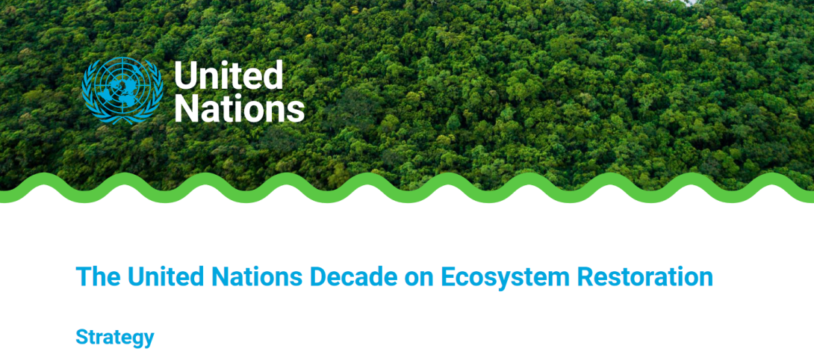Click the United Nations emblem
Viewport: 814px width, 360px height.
122,90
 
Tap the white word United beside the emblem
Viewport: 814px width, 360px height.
229,75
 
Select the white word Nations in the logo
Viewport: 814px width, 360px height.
239,108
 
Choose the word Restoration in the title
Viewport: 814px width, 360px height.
644,276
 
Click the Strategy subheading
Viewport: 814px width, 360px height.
115,338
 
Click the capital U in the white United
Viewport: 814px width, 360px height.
185,76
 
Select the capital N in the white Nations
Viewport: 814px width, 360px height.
187,109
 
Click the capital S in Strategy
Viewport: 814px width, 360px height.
83,337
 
